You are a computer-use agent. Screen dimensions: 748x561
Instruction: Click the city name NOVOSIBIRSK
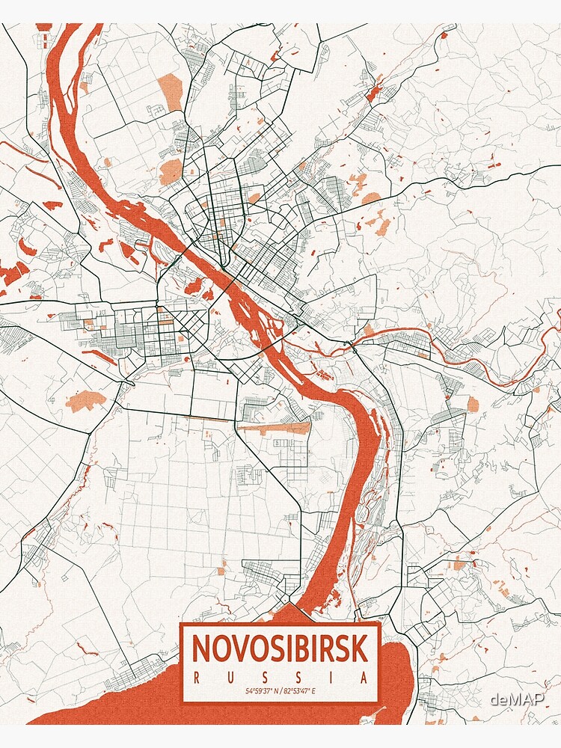(280, 649)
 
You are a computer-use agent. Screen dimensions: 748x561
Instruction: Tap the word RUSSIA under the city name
(280, 678)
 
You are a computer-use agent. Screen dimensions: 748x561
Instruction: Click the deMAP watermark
(517, 700)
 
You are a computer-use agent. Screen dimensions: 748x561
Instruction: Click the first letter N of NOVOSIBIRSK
(202, 649)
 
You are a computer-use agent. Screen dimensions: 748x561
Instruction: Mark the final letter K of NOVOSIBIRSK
(360, 649)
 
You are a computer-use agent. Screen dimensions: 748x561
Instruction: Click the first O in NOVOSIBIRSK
(221, 649)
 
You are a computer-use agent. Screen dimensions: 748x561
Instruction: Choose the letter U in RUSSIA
(230, 678)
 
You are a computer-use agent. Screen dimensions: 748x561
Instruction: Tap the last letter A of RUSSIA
(364, 678)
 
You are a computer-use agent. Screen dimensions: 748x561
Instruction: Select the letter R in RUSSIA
(196, 678)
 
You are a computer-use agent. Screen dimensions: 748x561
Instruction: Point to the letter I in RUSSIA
(331, 678)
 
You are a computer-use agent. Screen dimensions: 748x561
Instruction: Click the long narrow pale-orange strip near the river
(275, 428)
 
